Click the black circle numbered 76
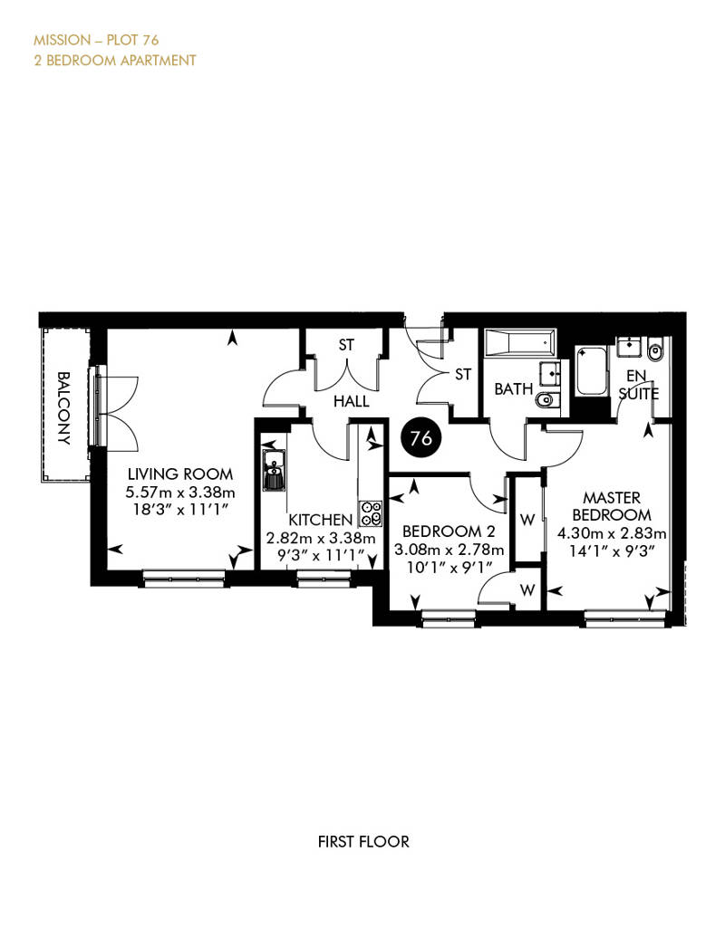(x=421, y=438)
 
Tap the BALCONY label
(x=63, y=408)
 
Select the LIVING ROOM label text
(x=180, y=474)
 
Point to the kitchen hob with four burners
(x=371, y=512)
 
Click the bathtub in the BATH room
(x=519, y=343)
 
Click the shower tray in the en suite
(x=591, y=371)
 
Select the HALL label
(x=352, y=401)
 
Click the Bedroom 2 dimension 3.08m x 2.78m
(x=449, y=550)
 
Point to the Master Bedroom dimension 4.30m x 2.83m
(x=611, y=533)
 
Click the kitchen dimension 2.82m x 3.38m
(x=321, y=538)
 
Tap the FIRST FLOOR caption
(x=363, y=842)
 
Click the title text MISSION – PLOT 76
(x=96, y=40)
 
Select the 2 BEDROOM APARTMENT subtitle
(x=115, y=61)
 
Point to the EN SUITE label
(x=639, y=385)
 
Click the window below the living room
(x=185, y=578)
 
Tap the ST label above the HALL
(x=346, y=345)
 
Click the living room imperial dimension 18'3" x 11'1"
(x=180, y=510)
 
